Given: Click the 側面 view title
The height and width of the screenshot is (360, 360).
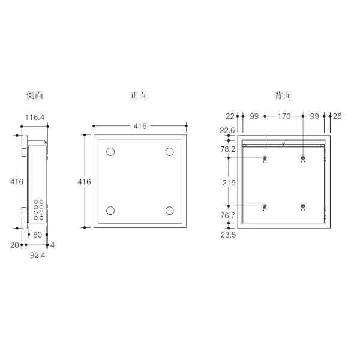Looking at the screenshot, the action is click(x=35, y=95).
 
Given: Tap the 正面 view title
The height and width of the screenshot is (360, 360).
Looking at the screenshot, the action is click(x=139, y=95).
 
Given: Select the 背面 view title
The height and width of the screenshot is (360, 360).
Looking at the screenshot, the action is click(x=283, y=95).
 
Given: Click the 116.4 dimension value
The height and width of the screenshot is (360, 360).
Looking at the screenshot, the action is click(x=35, y=118).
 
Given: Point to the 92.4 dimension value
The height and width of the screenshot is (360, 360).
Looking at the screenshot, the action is click(x=38, y=255).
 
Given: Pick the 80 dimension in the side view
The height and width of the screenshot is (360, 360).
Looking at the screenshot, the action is click(x=38, y=235).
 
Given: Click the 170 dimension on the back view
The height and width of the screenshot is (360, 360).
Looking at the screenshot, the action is click(x=284, y=116).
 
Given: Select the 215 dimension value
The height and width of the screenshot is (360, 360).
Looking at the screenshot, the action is click(x=229, y=183).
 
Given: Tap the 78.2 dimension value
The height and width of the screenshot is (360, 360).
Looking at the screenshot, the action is click(x=228, y=149).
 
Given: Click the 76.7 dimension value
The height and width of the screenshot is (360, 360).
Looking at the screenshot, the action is click(x=228, y=215).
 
